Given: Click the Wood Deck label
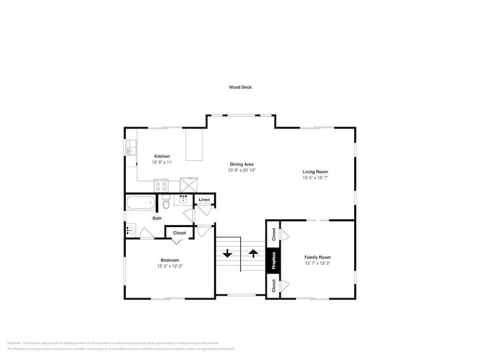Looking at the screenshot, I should click(x=240, y=87).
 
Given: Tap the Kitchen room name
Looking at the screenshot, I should click(x=162, y=156).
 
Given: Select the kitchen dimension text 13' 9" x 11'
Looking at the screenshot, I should click(x=162, y=163).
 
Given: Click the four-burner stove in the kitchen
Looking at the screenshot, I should click(x=161, y=185).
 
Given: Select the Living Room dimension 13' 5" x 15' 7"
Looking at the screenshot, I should click(x=315, y=178).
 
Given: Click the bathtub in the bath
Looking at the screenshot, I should click(x=141, y=203).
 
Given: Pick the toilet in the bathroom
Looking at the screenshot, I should click(x=166, y=202).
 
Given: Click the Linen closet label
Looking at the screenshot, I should click(x=204, y=200).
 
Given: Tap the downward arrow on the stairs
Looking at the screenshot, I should click(x=227, y=253).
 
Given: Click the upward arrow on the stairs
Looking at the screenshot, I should click(x=253, y=253).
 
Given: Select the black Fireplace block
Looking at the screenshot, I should click(x=273, y=261).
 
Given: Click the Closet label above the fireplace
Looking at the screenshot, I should click(x=274, y=234).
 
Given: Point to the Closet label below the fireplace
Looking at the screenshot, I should click(x=274, y=286).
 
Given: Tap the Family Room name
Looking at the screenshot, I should click(x=317, y=257).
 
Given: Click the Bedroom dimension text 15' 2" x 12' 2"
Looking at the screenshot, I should click(x=170, y=266).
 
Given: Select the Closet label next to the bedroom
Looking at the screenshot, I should click(x=179, y=233).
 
